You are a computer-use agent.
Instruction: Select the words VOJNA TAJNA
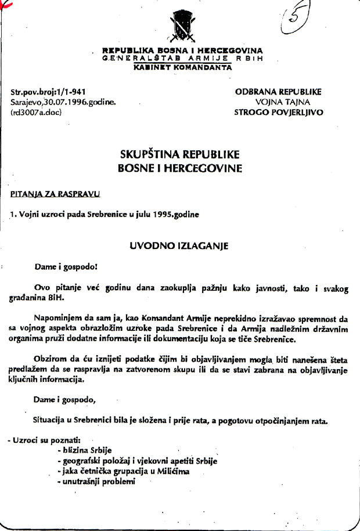click(x=278, y=101)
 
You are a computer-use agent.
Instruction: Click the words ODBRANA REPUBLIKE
click(x=278, y=92)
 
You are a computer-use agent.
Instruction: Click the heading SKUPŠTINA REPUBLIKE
click(x=179, y=155)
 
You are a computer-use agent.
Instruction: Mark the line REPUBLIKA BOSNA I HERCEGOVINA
click(x=182, y=51)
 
